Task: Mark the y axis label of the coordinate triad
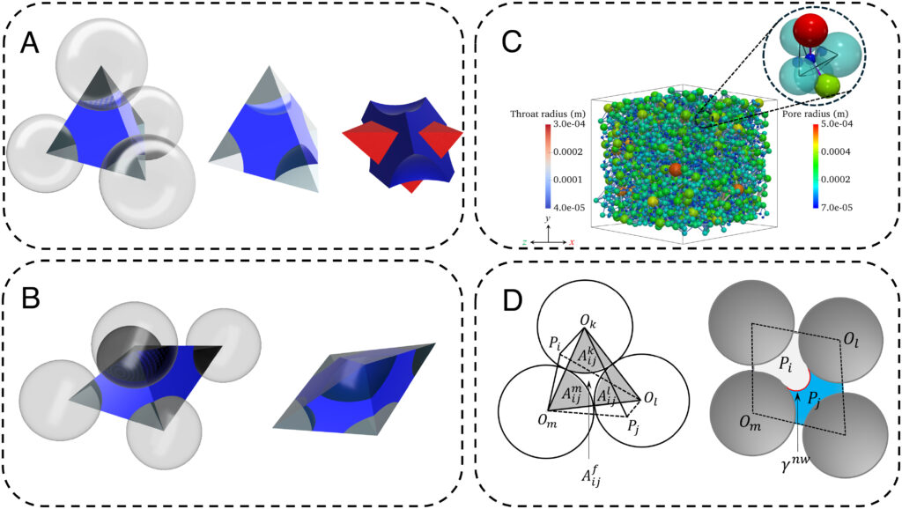[547, 217]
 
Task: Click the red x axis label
[572, 240]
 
